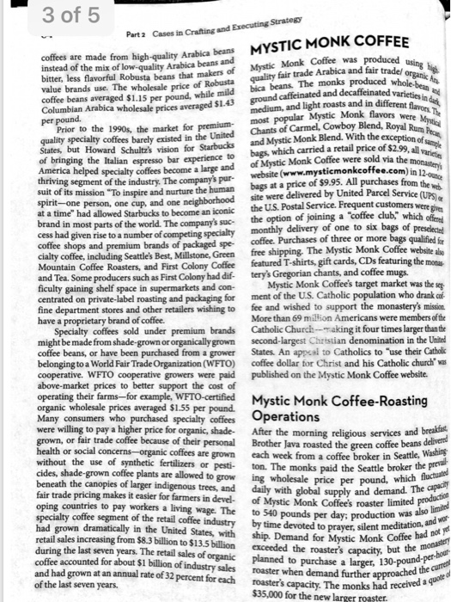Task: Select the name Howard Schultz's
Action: tap(125, 151)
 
